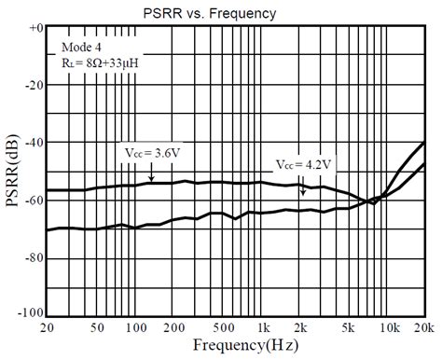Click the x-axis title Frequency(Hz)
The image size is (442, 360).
238,346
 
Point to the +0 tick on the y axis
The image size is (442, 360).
35,28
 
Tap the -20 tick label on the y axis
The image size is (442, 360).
34,85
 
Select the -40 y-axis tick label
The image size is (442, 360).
34,142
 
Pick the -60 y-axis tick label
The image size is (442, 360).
34,200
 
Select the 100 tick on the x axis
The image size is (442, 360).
132,328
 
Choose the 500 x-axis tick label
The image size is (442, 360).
222,328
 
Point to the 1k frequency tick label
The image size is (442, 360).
264,328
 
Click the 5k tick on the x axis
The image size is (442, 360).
351,328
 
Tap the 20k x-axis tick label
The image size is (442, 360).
426,328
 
